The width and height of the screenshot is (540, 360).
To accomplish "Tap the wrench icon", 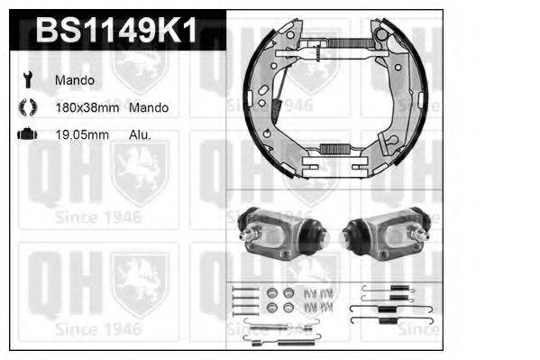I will tap(26, 80).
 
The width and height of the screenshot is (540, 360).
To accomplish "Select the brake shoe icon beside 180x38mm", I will tap(26, 107).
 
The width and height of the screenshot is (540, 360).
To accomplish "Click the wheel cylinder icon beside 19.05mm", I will tap(26, 134).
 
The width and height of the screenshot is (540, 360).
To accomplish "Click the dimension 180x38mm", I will tap(87, 107).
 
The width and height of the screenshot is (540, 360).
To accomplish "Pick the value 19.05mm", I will tap(80, 134).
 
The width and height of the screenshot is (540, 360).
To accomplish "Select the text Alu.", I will tap(140, 134).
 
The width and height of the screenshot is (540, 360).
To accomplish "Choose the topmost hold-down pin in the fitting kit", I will tap(242, 287).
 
